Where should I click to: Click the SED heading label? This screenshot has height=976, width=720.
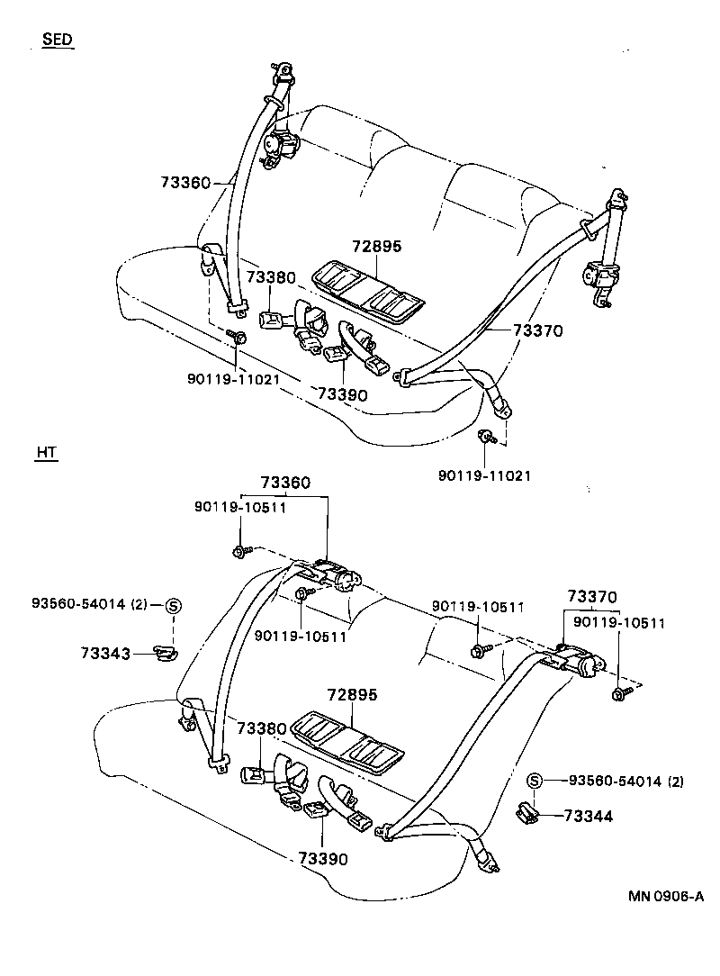[58, 41]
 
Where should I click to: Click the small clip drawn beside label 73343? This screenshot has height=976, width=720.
[163, 651]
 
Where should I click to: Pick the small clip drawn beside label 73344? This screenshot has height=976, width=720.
[527, 814]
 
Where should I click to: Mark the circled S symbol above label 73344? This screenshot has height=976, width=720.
[533, 780]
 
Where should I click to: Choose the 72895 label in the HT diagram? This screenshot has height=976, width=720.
[352, 695]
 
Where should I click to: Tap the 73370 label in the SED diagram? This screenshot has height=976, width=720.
[537, 331]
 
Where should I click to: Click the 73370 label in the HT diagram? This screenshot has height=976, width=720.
[591, 596]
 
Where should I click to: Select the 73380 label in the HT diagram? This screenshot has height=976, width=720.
[262, 727]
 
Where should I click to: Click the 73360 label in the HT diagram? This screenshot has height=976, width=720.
[285, 483]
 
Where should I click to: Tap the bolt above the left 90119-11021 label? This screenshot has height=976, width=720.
[239, 338]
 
